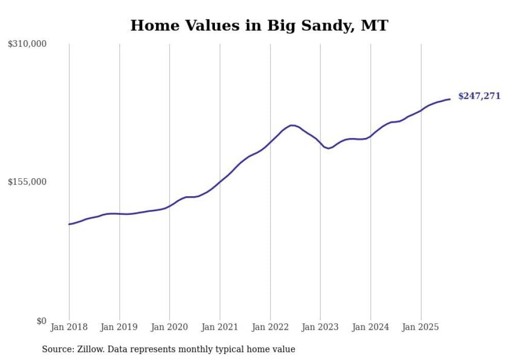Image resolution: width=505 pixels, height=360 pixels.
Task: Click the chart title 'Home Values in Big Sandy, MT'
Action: coord(259,25)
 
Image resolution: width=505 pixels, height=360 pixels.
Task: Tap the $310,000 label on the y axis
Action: coord(27,44)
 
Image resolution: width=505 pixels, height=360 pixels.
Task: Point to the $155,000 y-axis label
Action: coord(27,182)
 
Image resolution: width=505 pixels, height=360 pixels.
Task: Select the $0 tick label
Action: coord(41,321)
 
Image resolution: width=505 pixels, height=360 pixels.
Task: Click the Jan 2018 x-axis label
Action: coord(69,327)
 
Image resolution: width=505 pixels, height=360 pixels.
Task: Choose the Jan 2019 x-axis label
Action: coord(120,327)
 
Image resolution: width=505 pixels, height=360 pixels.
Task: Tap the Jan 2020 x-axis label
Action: coord(170,327)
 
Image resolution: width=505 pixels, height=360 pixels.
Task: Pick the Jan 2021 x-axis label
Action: coord(220,327)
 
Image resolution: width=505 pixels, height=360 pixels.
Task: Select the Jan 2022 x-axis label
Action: coord(270,327)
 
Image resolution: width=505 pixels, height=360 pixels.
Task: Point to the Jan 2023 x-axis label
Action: coord(321,327)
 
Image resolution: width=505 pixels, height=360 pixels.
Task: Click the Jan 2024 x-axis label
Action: coord(371,327)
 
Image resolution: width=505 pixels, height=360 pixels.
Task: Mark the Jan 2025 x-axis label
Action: coord(421,327)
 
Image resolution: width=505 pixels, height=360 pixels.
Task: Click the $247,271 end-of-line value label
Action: coord(479,96)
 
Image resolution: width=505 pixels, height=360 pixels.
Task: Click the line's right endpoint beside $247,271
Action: coord(450,99)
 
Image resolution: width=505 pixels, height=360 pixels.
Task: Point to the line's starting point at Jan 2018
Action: coord(69,224)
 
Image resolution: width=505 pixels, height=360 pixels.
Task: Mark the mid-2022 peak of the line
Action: coord(292,125)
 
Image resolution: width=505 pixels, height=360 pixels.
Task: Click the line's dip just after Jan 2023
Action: coord(328,148)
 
